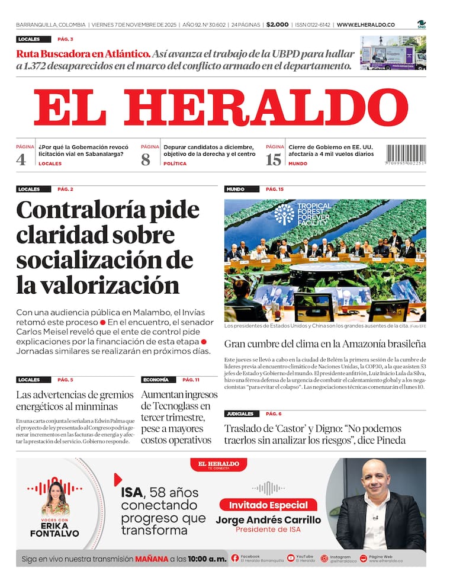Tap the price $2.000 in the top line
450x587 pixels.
click(277, 25)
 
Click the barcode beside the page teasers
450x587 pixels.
click(406, 155)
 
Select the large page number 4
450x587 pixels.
click(21, 159)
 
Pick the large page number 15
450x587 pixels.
click(273, 159)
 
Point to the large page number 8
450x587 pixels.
click(146, 159)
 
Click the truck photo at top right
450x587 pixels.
click(393, 53)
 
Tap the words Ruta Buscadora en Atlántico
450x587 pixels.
click(83, 53)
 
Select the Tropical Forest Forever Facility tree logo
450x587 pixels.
click(284, 214)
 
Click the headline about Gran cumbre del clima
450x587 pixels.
click(324, 344)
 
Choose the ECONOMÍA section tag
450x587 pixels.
click(156, 380)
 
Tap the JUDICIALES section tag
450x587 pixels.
click(239, 413)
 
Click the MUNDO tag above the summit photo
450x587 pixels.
click(235, 189)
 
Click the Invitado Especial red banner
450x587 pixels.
click(268, 505)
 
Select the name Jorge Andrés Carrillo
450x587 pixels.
click(268, 520)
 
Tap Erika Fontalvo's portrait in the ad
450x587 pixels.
click(54, 498)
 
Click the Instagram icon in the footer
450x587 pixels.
click(324, 558)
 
